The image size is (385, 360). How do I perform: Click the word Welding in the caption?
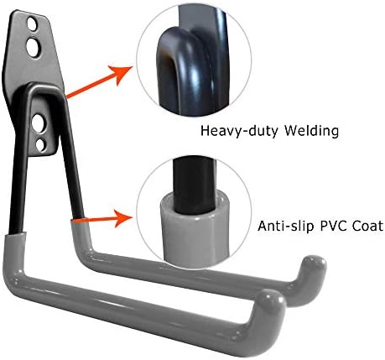(311, 131)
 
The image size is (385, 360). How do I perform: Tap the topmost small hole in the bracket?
(32, 24)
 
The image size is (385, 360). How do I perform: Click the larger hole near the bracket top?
(33, 46)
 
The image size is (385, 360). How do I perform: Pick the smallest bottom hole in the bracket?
(40, 145)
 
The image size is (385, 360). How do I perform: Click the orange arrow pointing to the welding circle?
(99, 83)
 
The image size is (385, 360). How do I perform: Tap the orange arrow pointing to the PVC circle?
(103, 218)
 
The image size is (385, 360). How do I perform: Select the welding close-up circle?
(194, 60)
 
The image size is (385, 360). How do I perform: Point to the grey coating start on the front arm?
(16, 236)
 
